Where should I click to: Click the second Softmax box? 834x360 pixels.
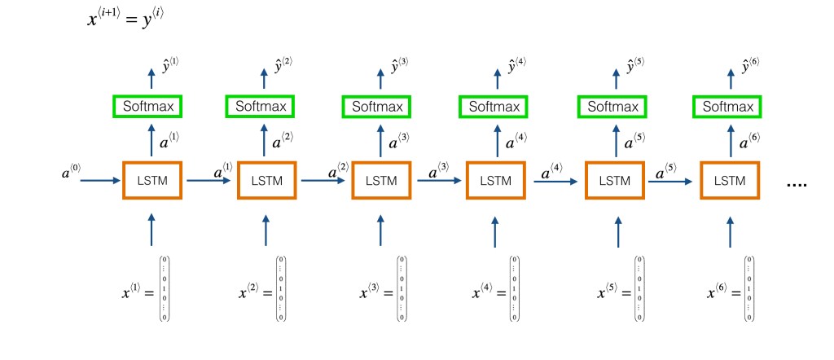click(x=261, y=107)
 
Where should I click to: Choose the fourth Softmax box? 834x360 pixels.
click(x=494, y=107)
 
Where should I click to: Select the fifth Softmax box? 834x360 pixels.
click(x=612, y=107)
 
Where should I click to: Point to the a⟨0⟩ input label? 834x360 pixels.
click(x=72, y=173)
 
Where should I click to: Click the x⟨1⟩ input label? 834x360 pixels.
click(x=135, y=291)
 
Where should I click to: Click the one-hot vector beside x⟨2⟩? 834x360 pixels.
click(x=281, y=289)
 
